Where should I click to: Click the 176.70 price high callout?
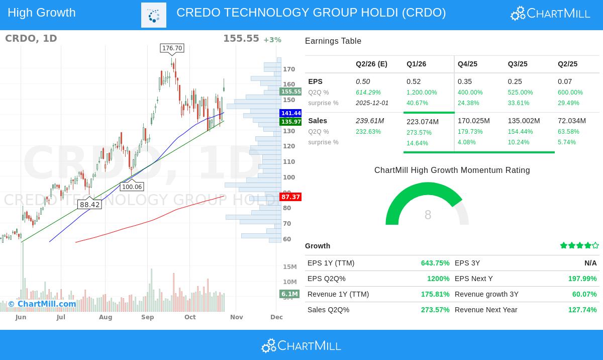172,48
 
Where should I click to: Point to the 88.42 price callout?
90,205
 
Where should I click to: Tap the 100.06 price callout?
132,187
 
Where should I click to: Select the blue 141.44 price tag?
291,114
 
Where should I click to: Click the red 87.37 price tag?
291,197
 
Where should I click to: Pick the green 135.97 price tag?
291,122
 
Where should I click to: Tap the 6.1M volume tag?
289,294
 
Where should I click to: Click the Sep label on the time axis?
147,317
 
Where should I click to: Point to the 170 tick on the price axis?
289,69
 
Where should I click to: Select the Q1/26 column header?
416,64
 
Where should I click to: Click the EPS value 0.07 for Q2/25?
564,81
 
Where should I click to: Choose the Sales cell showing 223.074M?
423,122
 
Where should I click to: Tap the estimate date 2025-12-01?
372,103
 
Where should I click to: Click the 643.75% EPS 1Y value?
435,263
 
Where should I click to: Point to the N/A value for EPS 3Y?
590,263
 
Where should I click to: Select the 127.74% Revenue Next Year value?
582,310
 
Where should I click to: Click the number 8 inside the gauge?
428,215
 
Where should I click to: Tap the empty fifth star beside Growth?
595,246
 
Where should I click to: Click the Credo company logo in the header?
154,15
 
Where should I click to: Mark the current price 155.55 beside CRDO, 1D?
241,39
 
